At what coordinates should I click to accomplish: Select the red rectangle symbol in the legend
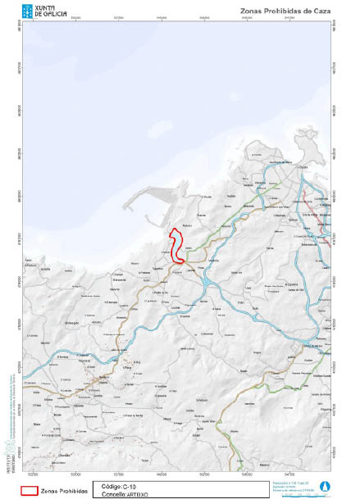tap(30, 489)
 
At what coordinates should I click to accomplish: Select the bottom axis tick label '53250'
tap(33, 474)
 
